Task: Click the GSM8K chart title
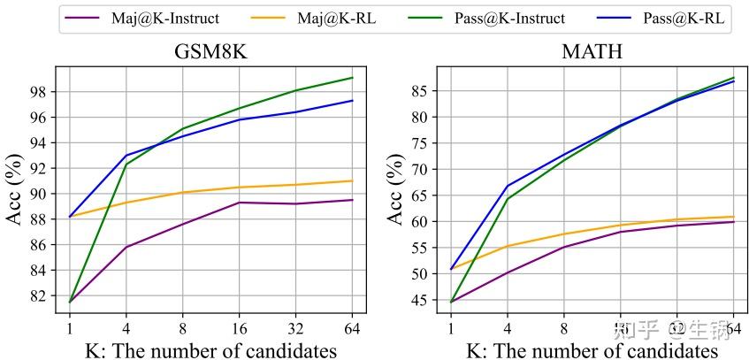[210, 51]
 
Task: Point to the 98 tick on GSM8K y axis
[39, 92]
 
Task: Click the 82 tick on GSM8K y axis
[39, 295]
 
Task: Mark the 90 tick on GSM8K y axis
[39, 194]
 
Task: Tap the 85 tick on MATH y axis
[421, 90]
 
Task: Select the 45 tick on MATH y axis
[421, 301]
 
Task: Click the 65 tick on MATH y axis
[421, 195]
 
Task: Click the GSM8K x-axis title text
[210, 349]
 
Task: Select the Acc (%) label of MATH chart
[397, 189]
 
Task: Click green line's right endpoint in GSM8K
[353, 78]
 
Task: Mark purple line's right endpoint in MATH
[734, 222]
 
